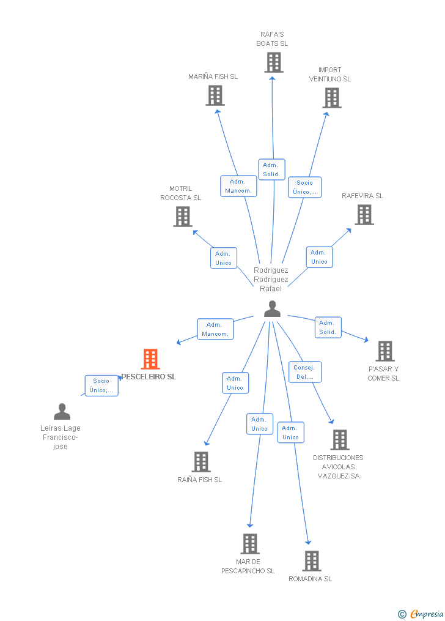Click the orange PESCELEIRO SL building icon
click(150, 359)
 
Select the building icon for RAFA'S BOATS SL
click(273, 62)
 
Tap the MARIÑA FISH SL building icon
click(215, 95)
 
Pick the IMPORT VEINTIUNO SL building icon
click(332, 98)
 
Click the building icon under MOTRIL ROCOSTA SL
click(182, 217)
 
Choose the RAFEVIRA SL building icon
click(364, 215)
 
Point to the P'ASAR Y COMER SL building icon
click(384, 351)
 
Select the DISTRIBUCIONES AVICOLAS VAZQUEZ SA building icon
click(339, 440)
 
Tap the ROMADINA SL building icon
click(311, 561)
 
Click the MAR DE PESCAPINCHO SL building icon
click(249, 544)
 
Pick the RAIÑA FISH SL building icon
click(200, 462)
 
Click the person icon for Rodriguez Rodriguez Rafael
click(272, 310)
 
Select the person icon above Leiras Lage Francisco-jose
click(62, 412)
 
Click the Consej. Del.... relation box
click(304, 372)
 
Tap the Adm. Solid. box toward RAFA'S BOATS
click(271, 169)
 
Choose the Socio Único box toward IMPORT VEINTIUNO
click(304, 187)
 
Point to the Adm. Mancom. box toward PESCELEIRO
click(215, 329)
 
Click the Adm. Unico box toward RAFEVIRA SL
click(319, 257)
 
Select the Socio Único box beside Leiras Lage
click(101, 385)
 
